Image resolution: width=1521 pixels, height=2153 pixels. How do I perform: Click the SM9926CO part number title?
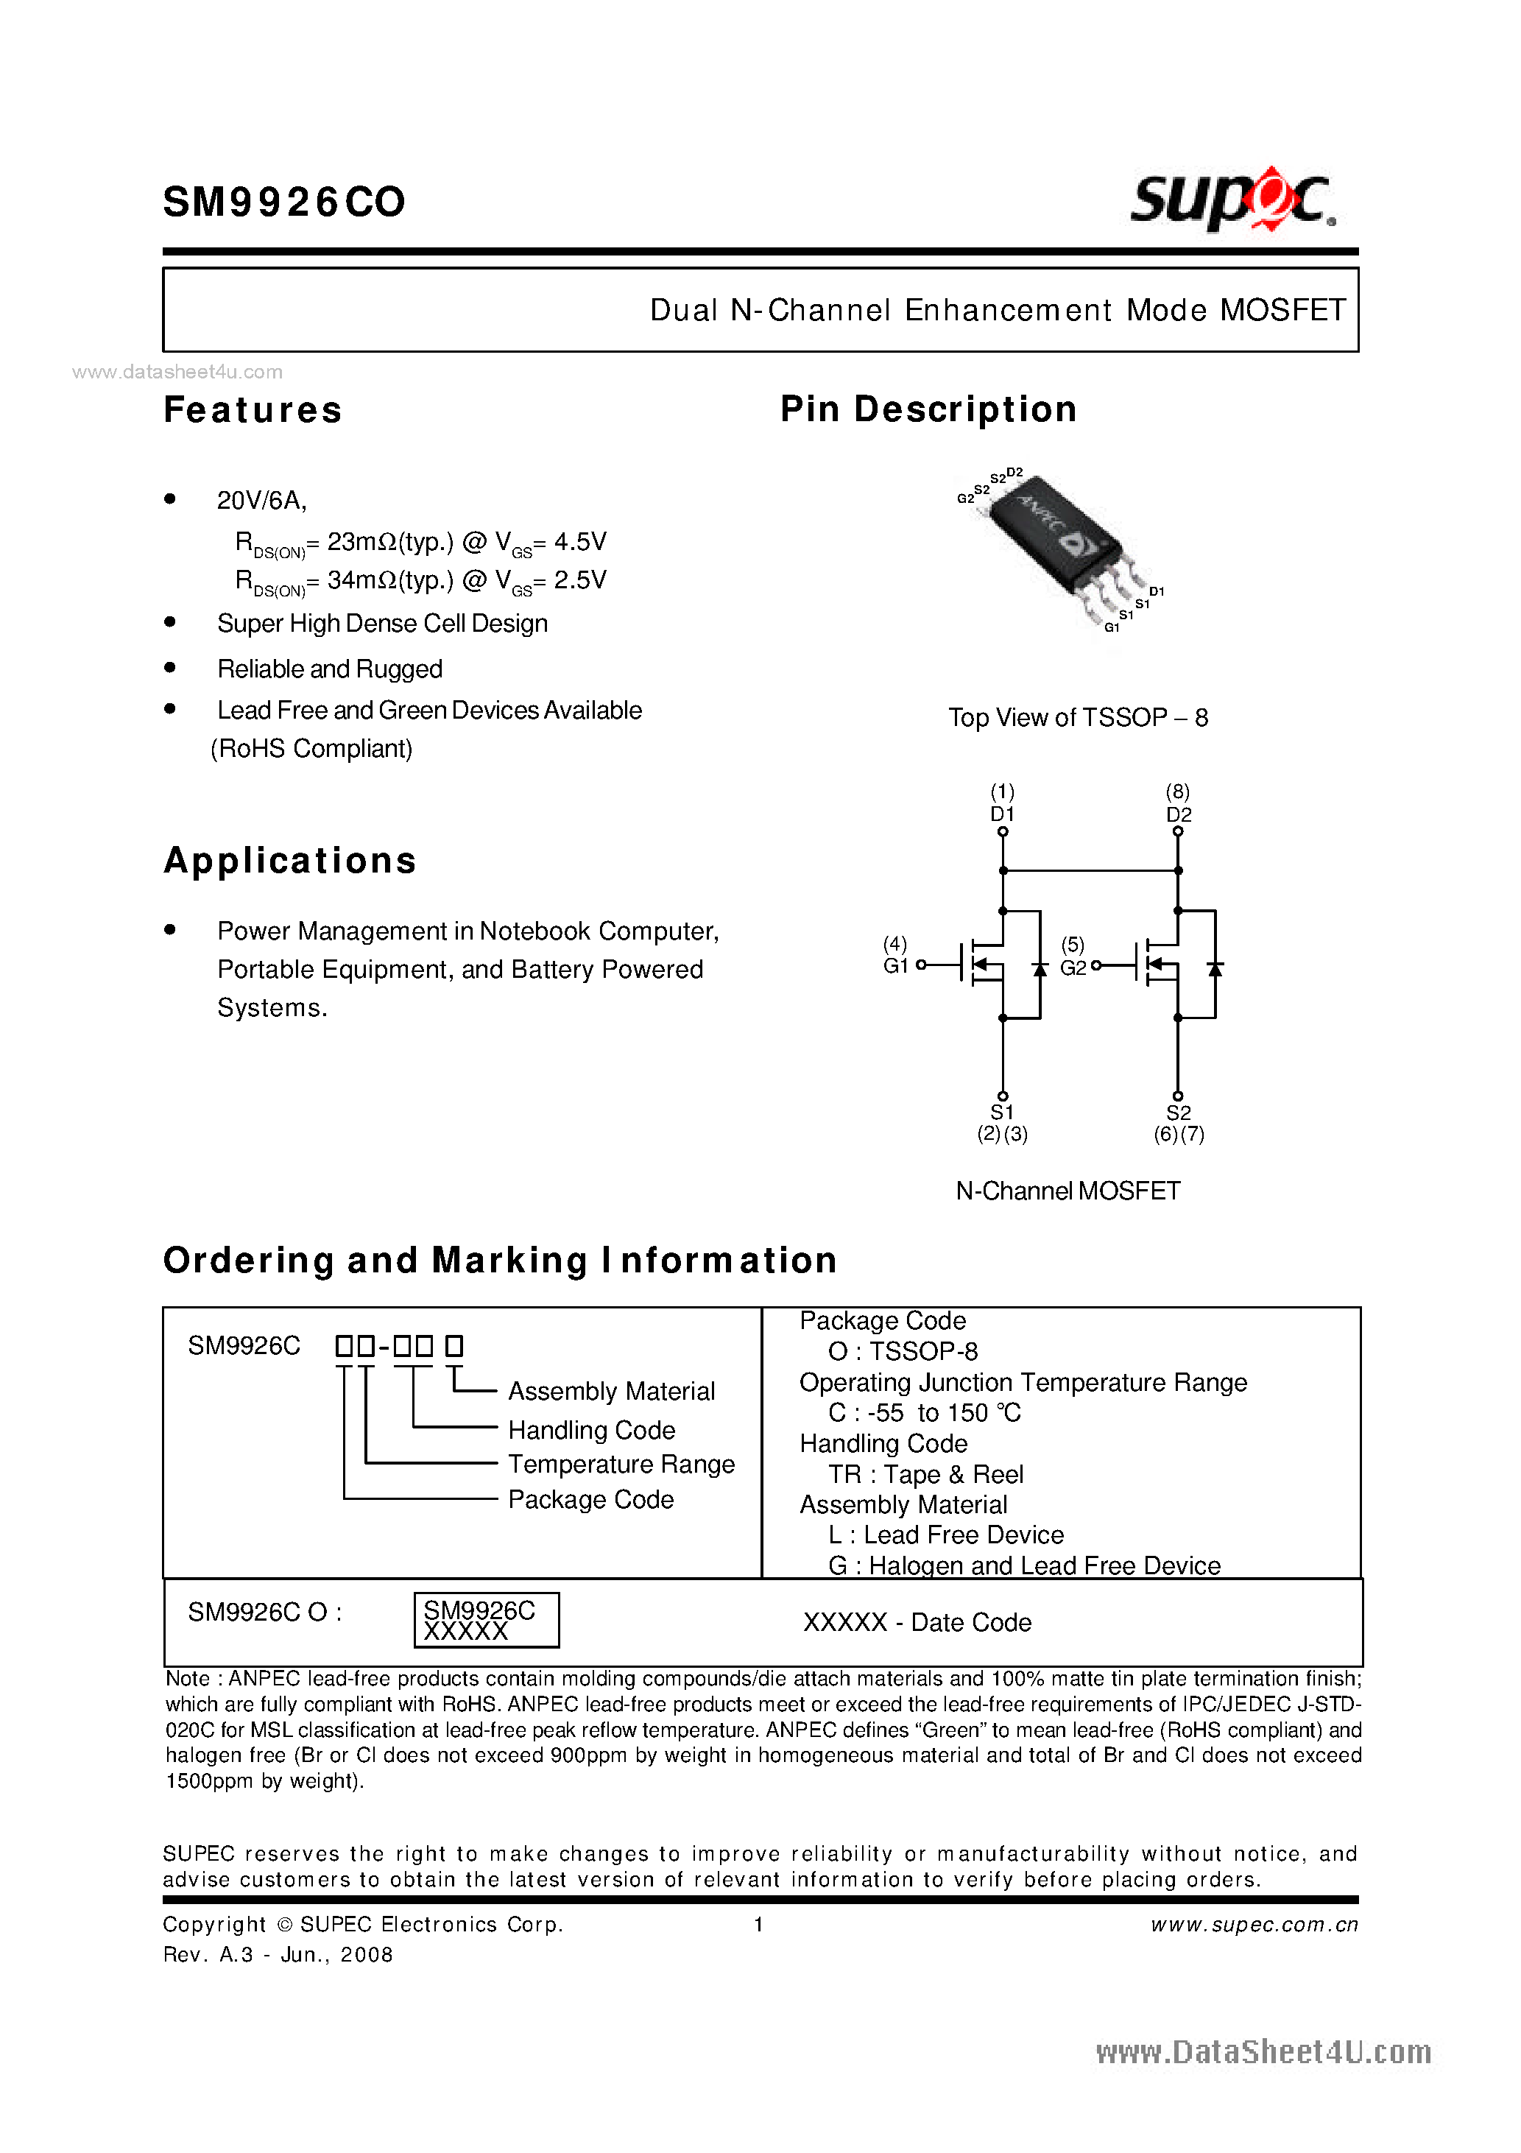284,202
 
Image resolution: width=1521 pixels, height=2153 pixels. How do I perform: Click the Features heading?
253,410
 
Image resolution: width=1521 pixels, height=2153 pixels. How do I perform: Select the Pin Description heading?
928,410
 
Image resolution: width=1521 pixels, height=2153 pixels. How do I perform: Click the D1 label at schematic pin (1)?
1003,814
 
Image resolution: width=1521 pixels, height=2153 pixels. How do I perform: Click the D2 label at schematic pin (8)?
1178,814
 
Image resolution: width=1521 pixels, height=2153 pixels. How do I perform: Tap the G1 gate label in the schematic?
895,966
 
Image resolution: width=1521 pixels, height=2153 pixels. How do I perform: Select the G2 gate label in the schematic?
1073,968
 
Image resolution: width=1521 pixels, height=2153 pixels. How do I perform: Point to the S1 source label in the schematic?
1003,1112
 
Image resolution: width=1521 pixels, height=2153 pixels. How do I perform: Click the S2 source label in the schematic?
1178,1112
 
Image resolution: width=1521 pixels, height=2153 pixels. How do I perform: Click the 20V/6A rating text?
261,501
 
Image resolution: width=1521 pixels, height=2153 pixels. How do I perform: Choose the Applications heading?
290,861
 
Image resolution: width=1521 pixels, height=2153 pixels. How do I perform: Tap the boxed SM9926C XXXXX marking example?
486,1619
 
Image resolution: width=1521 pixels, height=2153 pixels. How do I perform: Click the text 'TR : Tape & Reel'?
925,1474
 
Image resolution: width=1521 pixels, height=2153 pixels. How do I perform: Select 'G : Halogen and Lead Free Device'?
1024,1565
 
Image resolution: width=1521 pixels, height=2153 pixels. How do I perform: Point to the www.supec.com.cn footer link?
1254,1924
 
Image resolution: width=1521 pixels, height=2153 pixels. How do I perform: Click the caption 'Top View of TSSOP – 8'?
1078,717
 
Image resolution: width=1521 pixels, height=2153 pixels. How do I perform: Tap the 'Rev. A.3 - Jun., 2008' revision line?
278,1954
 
